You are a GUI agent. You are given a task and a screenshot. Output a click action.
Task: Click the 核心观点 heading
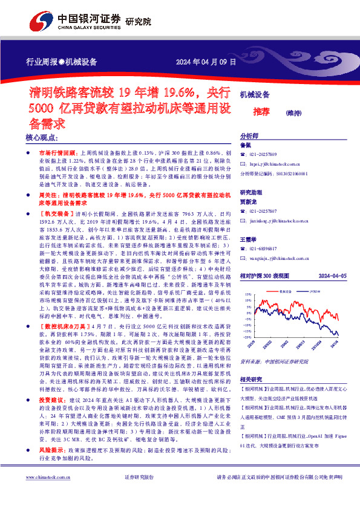[41, 138]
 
